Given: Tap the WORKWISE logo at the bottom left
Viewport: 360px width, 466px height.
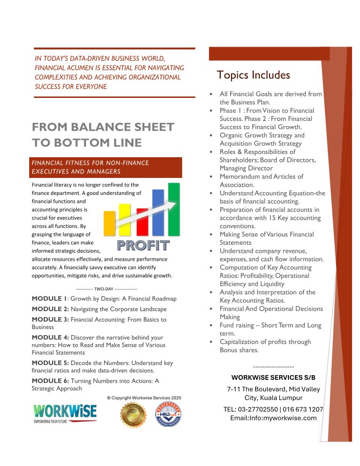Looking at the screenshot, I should point(65,413).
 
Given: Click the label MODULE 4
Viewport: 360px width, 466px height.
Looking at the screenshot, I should point(50,337).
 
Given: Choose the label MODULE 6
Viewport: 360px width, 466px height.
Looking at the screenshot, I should point(50,380).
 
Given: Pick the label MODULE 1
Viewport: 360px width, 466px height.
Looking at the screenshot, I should point(49,298).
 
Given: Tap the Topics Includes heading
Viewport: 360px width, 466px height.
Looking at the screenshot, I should point(254,75).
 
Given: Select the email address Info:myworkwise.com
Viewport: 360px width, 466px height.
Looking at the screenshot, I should point(273,418).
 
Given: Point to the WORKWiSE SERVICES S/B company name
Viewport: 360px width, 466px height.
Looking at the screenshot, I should point(273,378).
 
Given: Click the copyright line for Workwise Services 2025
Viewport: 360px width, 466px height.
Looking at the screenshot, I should point(144,398).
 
